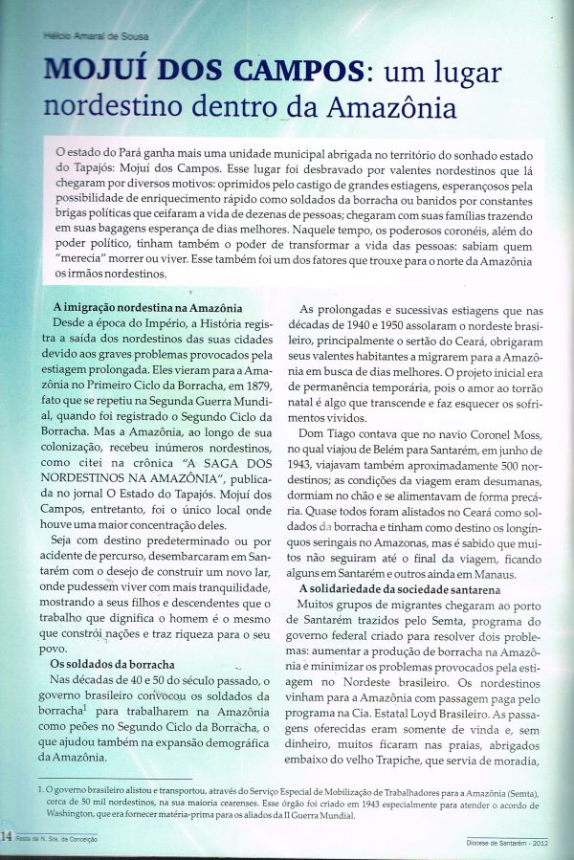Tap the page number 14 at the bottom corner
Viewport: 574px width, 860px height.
8,837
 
